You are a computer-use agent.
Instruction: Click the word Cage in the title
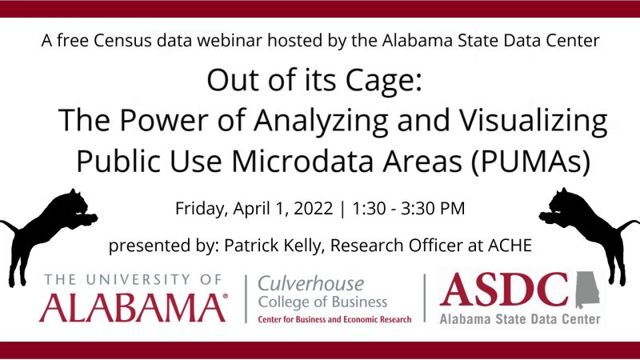384,81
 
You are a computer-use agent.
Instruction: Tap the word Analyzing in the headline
321,121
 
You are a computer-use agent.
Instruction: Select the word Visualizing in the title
534,121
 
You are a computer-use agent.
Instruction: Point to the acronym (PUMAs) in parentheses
531,161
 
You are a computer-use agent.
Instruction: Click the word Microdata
303,161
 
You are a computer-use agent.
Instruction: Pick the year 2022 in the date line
313,208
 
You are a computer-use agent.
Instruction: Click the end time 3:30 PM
433,208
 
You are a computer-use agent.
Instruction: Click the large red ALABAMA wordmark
133,307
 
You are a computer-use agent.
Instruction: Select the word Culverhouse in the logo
310,283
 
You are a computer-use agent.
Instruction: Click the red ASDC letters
504,290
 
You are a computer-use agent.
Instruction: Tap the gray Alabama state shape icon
587,290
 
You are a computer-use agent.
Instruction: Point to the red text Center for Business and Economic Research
334,319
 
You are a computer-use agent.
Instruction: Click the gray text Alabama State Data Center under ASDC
520,318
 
